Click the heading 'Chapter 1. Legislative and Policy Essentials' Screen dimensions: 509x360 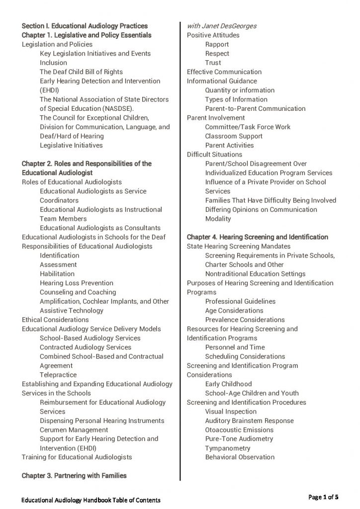point(87,35)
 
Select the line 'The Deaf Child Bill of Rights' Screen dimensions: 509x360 point(81,72)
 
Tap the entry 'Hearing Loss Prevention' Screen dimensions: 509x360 point(77,283)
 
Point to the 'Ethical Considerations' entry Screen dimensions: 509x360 point(55,320)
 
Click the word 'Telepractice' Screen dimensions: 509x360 point(58,375)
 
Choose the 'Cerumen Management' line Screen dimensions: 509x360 point(74,430)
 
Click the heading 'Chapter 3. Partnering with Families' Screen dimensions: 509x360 point(74,476)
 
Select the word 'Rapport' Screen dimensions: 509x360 point(217,44)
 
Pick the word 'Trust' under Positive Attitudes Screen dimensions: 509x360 point(213,63)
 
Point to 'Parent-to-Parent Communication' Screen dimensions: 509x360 point(255,108)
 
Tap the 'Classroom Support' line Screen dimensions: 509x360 point(234,136)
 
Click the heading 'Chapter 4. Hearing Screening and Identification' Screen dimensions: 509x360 point(257,237)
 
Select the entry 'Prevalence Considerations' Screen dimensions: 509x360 point(245,320)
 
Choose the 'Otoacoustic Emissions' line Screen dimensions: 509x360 point(239,430)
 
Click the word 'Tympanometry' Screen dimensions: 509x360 point(228,448)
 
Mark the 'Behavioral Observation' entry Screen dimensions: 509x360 point(240,457)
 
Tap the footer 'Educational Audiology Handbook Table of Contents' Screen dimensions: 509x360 point(91,499)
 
